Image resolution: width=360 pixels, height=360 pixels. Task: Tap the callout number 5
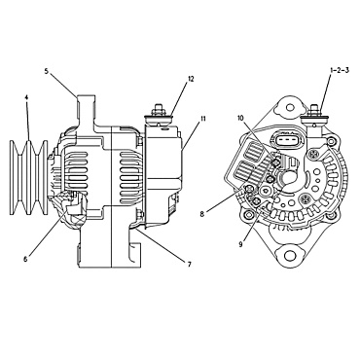[x=47, y=71]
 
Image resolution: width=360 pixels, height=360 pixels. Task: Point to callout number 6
[x=25, y=259]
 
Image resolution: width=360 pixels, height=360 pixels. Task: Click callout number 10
[x=240, y=120]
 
